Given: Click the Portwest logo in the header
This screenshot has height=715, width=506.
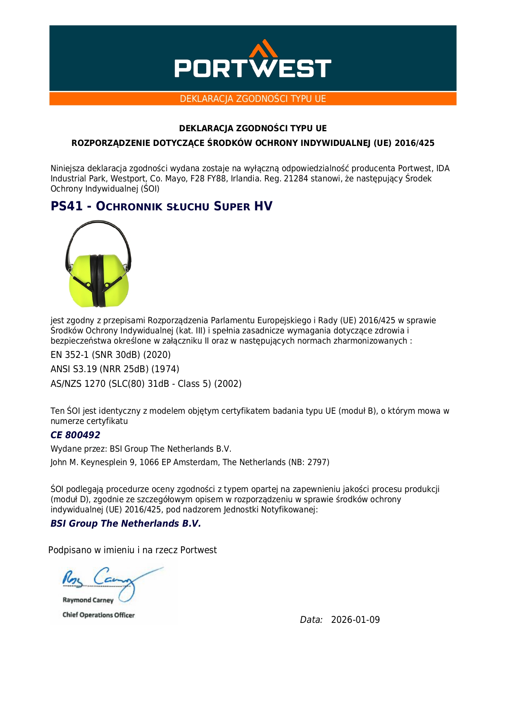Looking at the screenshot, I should (x=253, y=61).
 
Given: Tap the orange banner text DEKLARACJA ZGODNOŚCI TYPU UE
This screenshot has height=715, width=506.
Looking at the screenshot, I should (x=253, y=99).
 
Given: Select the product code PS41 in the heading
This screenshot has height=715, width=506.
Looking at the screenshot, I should (x=66, y=206).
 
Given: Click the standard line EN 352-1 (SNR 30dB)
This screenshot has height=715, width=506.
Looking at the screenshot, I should (x=110, y=355).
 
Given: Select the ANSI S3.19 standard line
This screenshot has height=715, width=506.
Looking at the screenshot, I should (x=115, y=369).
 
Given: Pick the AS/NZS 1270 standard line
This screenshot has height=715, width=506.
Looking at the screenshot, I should (x=146, y=384).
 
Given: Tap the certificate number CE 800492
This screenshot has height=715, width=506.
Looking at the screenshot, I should (x=75, y=435).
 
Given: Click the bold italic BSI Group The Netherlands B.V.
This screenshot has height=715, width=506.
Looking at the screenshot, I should (x=126, y=523).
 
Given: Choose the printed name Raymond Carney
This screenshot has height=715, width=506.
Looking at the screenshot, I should (x=88, y=600).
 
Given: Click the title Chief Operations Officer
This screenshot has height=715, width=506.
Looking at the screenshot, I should (x=98, y=615).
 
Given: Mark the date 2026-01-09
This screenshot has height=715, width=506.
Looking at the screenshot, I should (x=355, y=620).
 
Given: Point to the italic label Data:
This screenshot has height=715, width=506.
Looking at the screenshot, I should (x=311, y=620).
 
